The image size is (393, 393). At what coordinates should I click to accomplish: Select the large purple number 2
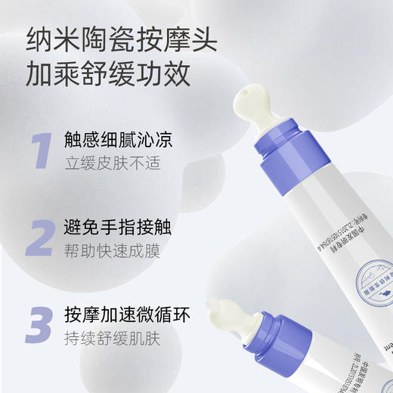(x=39, y=237)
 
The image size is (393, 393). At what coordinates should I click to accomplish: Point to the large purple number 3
(x=39, y=323)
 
